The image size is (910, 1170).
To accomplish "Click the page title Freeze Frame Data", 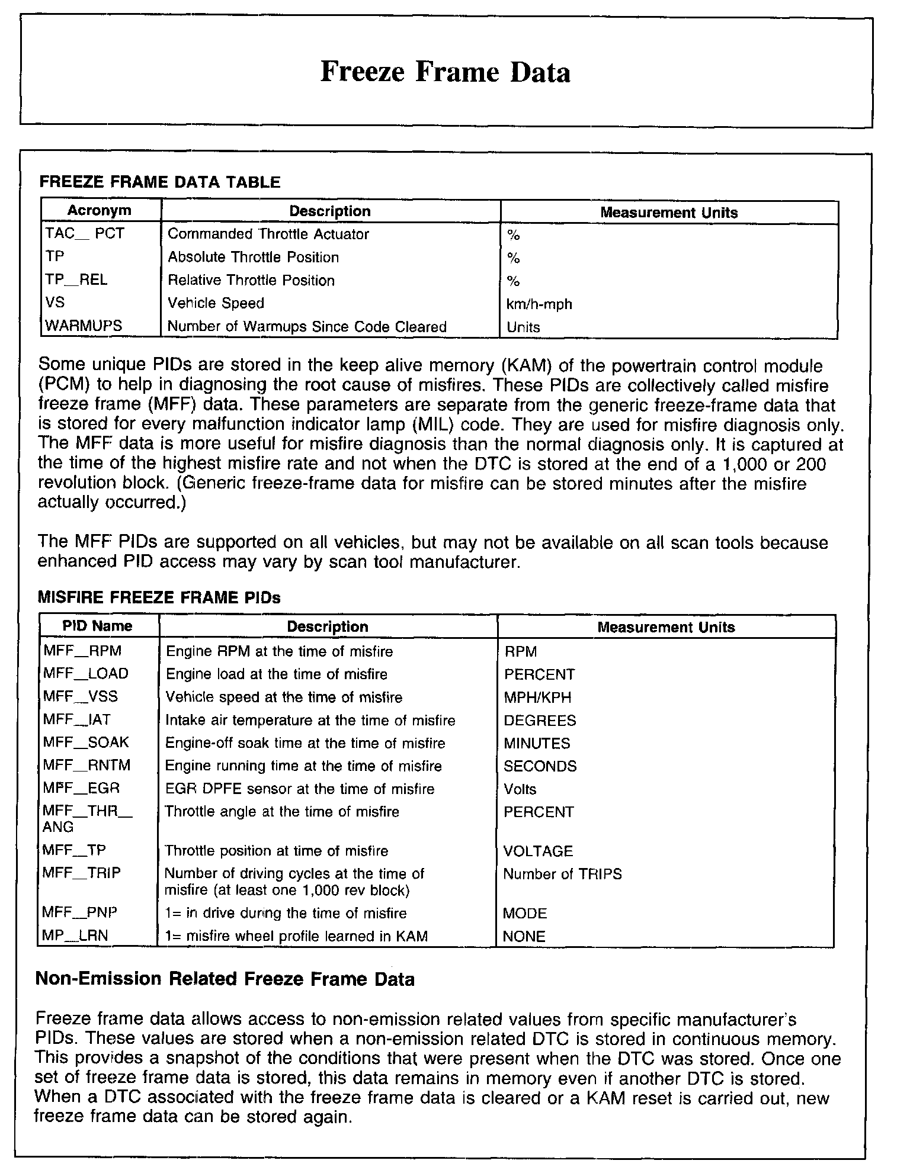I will coord(445,72).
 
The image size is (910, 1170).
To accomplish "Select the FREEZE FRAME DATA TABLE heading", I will coord(159,182).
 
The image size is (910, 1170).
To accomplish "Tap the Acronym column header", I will coord(100,211).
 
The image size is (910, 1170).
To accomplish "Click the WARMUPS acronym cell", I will coord(84,326).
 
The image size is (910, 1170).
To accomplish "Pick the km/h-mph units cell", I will coord(539,304).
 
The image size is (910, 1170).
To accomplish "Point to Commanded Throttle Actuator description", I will coord(268,234).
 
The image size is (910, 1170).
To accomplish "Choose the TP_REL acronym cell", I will coord(76,280).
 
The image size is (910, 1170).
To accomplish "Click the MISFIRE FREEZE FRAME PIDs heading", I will coord(159,597).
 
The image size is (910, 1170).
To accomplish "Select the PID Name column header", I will coord(98,626).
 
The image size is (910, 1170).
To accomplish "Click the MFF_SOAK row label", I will coord(86,742).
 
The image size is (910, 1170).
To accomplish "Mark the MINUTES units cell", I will coord(537,743).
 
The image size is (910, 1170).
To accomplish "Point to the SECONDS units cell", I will coord(540,766).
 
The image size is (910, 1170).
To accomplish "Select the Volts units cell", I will coord(520,789).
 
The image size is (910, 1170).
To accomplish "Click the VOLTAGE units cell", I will coord(538,851).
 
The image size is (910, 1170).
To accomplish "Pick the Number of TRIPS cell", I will coord(562,874).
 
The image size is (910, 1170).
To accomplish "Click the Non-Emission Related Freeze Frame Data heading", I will coord(225,979).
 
